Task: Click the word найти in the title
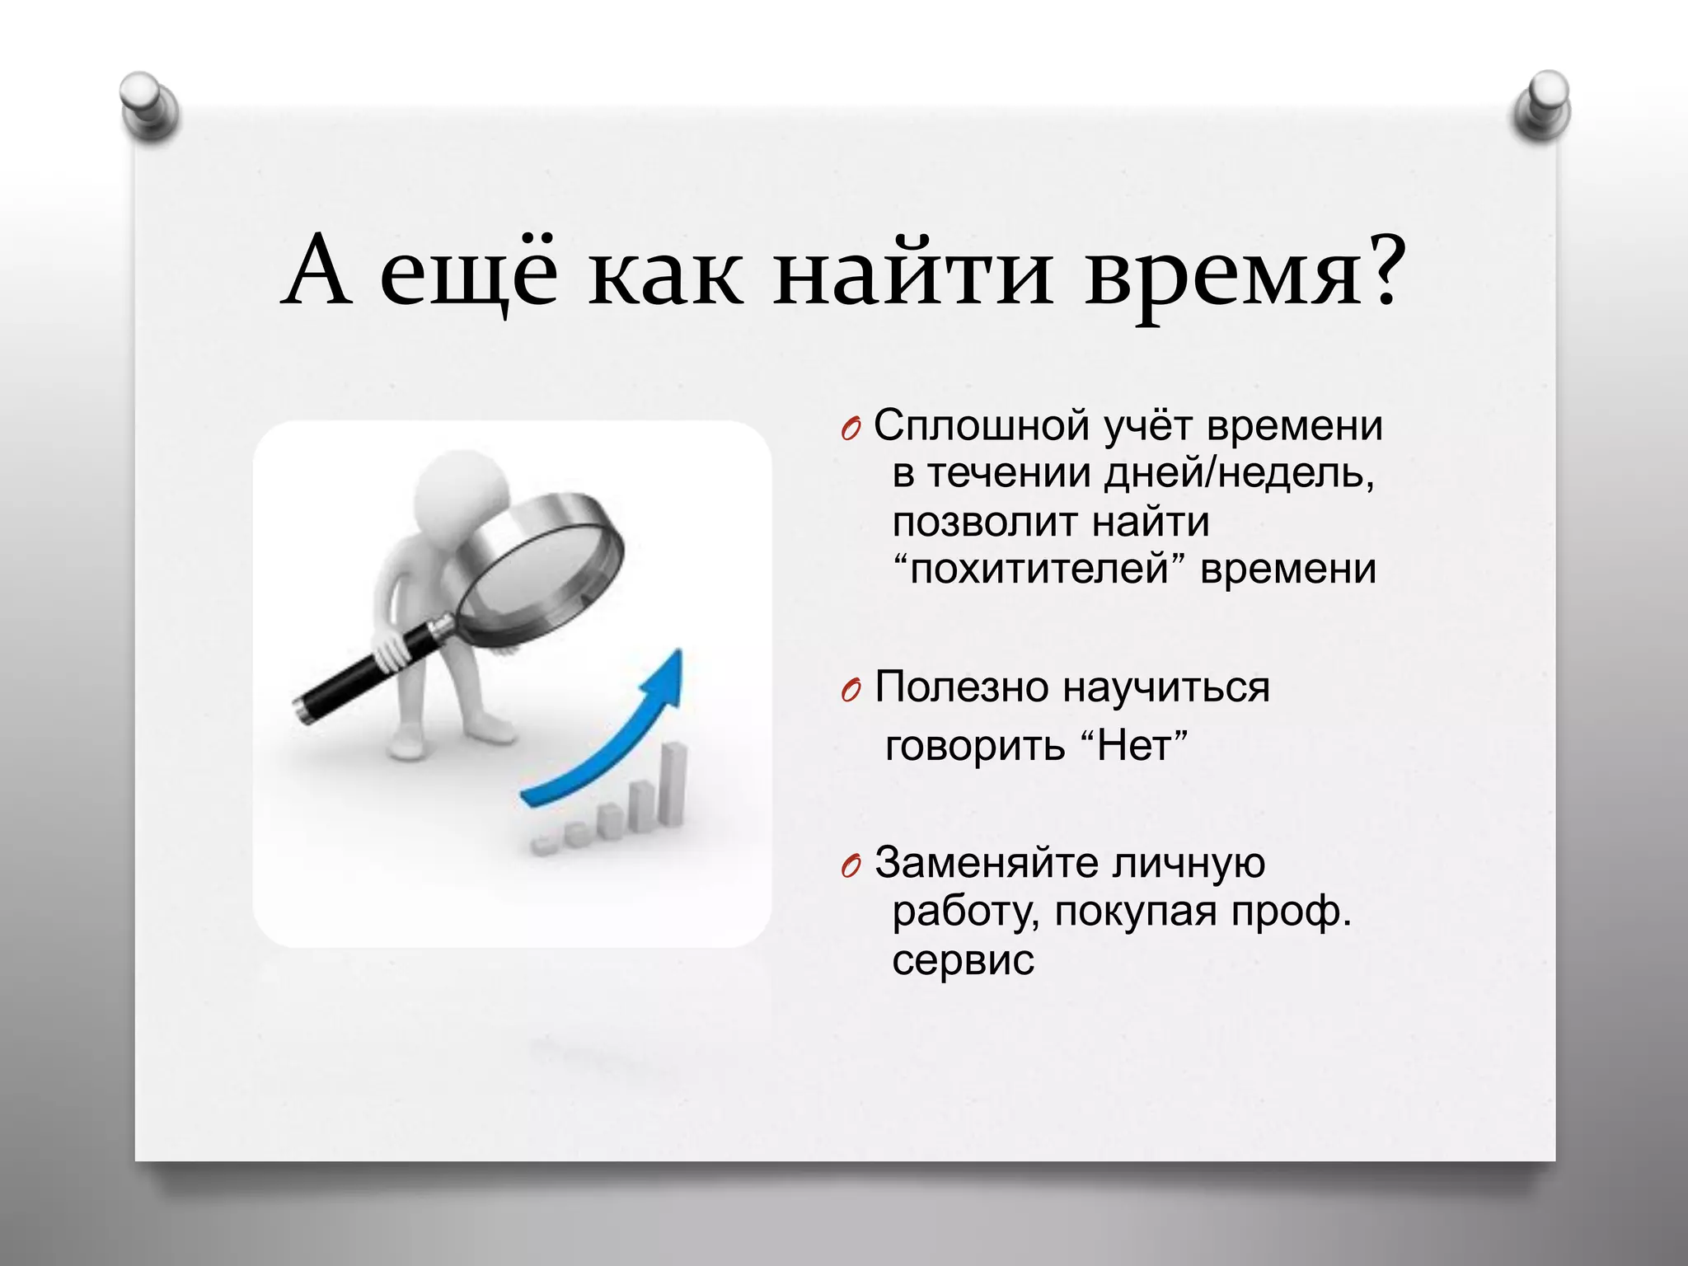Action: tap(912, 273)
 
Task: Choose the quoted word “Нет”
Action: tap(1133, 746)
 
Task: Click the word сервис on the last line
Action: tap(962, 960)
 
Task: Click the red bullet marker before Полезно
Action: tap(851, 691)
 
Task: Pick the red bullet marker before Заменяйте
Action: tap(851, 867)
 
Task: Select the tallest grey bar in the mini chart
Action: tap(675, 783)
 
